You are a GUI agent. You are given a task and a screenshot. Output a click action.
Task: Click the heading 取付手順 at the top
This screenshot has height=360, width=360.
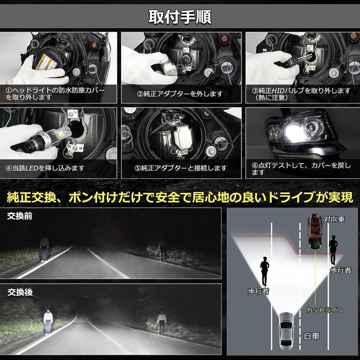click(x=180, y=16)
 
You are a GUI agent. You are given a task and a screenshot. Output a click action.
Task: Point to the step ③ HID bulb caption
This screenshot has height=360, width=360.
click(x=303, y=94)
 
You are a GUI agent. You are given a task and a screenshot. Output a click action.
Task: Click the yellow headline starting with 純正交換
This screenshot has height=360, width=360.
click(x=180, y=197)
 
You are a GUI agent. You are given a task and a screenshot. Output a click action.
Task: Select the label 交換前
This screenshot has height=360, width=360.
click(x=20, y=216)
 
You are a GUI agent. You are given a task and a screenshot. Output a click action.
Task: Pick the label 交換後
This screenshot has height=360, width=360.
click(x=20, y=292)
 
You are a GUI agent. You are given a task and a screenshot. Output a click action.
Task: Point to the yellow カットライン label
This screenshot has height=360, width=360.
click(x=324, y=310)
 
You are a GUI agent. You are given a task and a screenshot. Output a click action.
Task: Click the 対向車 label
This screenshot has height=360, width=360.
click(x=334, y=219)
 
